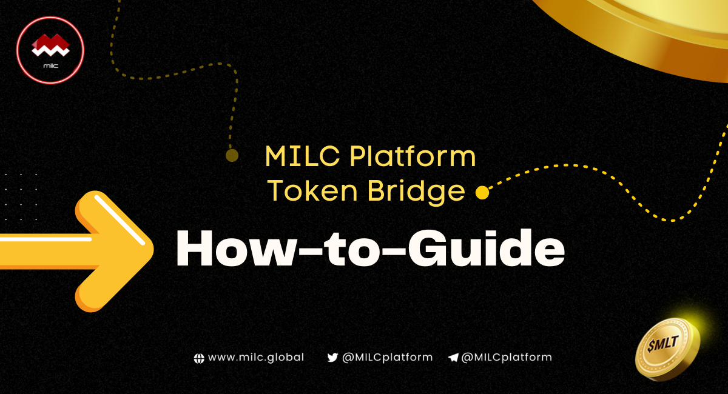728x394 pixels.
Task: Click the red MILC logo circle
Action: [x=50, y=50]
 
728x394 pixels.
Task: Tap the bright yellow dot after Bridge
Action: [x=482, y=193]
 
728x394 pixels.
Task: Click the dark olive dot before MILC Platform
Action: [x=231, y=156]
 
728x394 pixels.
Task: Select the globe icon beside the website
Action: [x=198, y=358]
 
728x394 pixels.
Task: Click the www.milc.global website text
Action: [x=256, y=358]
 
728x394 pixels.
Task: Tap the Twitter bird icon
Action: [x=332, y=358]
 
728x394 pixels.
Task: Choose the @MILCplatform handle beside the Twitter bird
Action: [x=387, y=358]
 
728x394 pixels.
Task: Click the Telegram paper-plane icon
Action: [x=453, y=358]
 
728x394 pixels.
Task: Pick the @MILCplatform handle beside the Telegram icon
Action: [x=507, y=358]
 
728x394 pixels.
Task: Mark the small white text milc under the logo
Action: [x=50, y=64]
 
